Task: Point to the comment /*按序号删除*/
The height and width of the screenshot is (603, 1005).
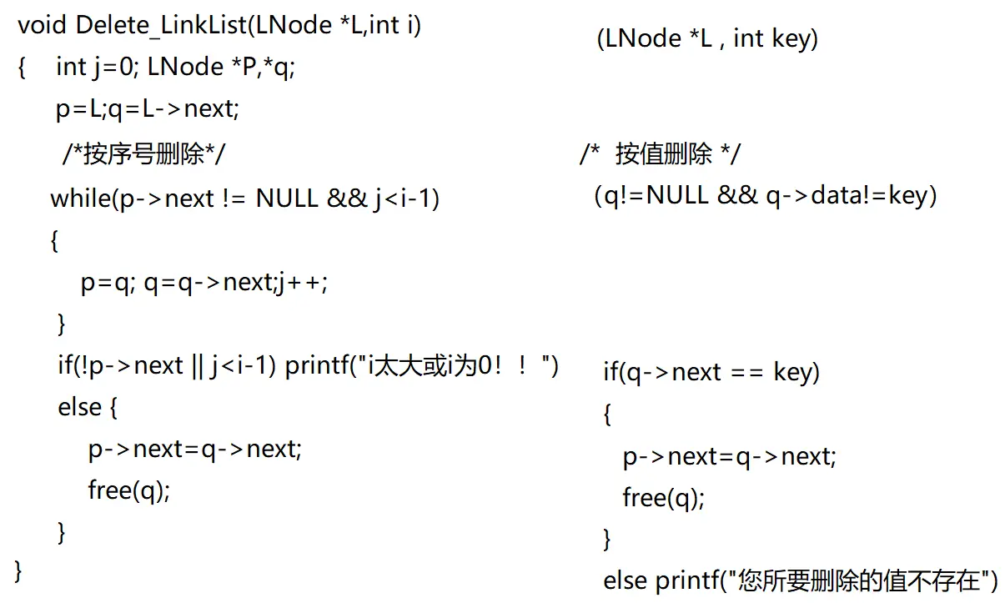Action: tap(143, 153)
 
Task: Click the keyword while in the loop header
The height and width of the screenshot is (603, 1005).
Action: tap(81, 198)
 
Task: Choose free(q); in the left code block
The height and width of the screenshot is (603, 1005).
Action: tap(128, 490)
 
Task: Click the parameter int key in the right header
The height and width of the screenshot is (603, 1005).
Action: tap(771, 38)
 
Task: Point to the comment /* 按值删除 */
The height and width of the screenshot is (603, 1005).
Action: tap(660, 153)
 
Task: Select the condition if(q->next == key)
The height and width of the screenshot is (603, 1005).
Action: tap(711, 371)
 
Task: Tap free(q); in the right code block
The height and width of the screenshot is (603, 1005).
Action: tap(663, 498)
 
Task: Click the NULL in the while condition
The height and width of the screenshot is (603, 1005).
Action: tap(287, 198)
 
